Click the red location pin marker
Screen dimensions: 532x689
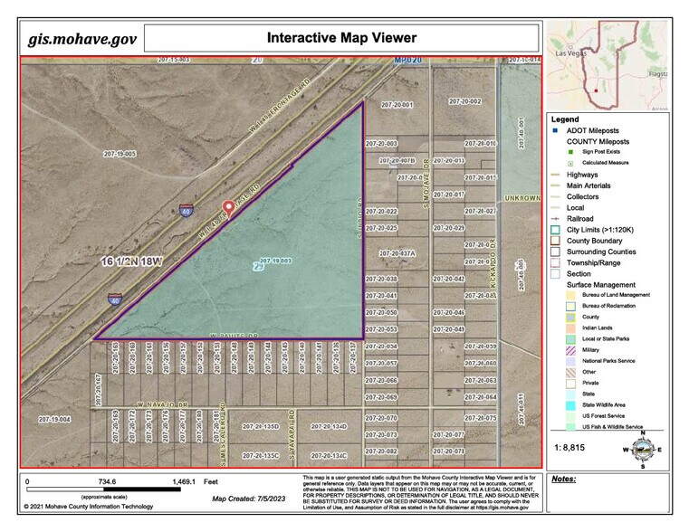[228, 209]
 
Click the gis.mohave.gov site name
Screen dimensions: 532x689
[82, 39]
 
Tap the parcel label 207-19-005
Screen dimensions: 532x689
[120, 154]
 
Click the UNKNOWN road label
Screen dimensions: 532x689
[522, 196]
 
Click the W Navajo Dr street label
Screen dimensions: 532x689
[162, 404]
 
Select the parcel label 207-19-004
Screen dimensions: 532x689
[54, 419]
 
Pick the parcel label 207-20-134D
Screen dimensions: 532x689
[329, 426]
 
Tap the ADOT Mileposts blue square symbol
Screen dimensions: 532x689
[557, 130]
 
